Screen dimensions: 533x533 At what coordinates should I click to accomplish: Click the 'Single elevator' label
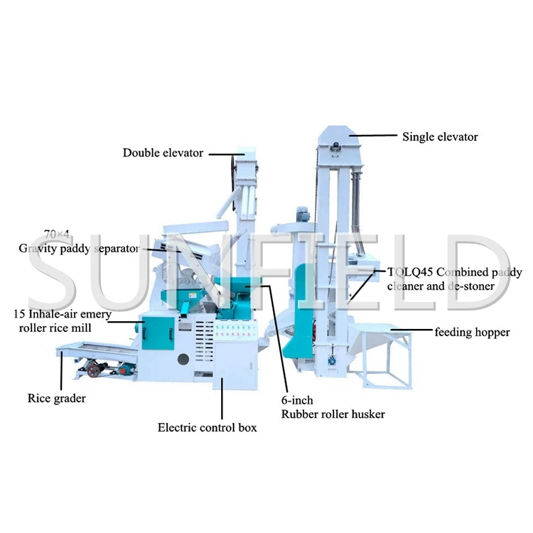[x=440, y=136]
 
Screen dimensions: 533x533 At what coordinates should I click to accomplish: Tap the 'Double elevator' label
[x=163, y=153]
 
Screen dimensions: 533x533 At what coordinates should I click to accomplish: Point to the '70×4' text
[x=56, y=234]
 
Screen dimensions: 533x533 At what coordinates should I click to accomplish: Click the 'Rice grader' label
[x=56, y=398]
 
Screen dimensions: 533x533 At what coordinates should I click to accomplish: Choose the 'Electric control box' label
[x=207, y=427]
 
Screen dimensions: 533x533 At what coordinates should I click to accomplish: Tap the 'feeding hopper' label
[x=472, y=332]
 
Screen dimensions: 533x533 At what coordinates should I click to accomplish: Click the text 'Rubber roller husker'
[x=333, y=414]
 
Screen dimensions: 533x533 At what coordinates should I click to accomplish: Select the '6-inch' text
[x=297, y=401]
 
